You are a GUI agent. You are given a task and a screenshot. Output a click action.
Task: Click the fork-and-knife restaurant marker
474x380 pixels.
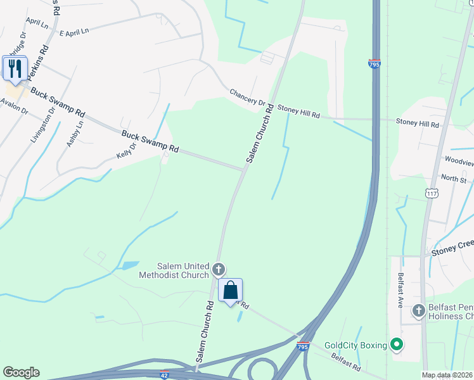click(x=15, y=68)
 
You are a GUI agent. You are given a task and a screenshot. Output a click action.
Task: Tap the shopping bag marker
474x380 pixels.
click(x=231, y=291)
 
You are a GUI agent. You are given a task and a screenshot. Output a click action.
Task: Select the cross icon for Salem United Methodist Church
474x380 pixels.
click(x=219, y=270)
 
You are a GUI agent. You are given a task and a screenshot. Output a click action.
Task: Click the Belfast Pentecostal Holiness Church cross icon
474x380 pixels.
click(x=418, y=311)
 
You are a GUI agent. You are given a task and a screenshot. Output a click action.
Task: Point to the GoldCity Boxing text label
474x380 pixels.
click(x=355, y=345)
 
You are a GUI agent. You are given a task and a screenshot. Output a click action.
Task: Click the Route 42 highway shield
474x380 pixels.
click(x=165, y=375)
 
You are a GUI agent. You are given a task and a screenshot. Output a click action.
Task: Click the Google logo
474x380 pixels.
click(x=20, y=372)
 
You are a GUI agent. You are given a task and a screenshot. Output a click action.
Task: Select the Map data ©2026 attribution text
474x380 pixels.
click(x=447, y=375)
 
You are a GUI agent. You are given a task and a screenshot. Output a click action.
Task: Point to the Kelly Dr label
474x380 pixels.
click(x=127, y=149)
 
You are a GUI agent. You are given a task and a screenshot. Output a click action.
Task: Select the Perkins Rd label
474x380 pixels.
click(x=36, y=61)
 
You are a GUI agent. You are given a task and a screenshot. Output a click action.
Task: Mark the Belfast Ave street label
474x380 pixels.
click(x=400, y=289)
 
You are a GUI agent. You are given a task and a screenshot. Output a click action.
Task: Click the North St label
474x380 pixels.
click(x=453, y=179)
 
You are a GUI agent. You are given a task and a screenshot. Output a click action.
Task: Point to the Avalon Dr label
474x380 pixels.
click(x=14, y=106)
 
